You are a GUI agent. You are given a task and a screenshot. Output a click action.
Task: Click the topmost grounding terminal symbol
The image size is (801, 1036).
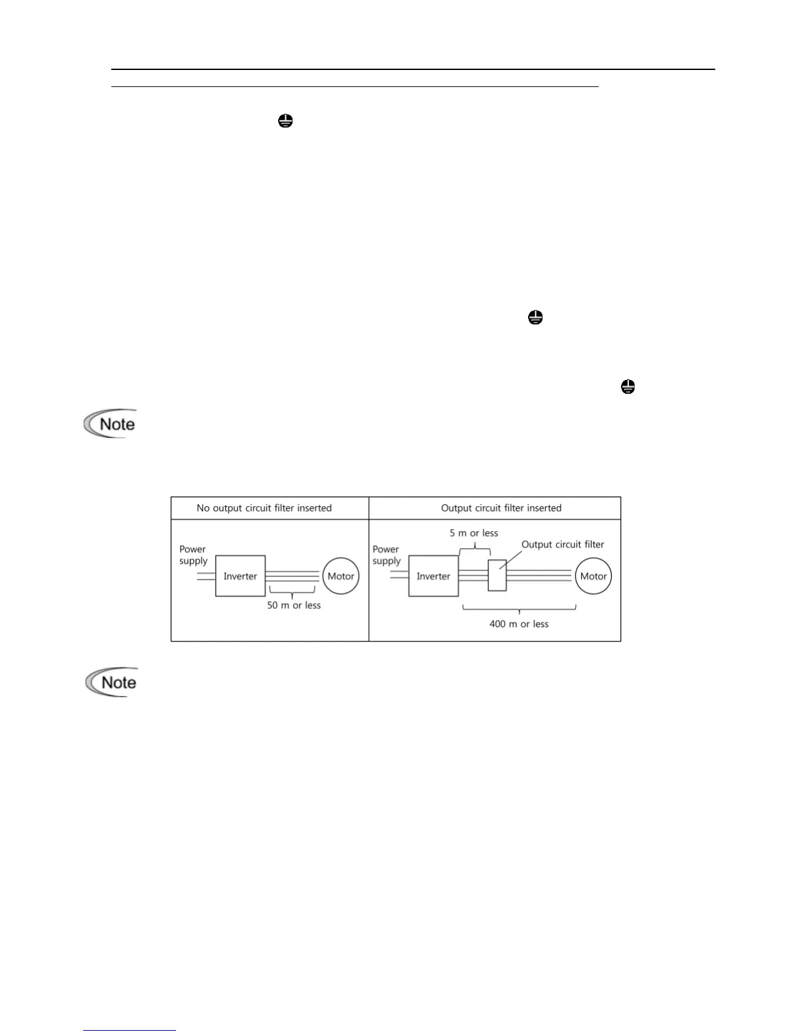tap(285, 121)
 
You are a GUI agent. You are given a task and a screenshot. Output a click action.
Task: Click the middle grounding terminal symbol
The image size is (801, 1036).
tap(535, 318)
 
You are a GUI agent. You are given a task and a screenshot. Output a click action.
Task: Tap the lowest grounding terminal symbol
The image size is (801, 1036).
tap(628, 387)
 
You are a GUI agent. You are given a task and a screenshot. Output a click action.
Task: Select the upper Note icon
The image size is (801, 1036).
tap(111, 424)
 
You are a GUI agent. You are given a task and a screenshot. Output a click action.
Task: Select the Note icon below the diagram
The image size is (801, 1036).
tap(112, 682)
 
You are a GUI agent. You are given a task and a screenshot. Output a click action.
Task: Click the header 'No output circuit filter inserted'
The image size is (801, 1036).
tap(264, 508)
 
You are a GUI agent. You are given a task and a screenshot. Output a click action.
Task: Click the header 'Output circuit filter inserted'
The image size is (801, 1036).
tap(501, 508)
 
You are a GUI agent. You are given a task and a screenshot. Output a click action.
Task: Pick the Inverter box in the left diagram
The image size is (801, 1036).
tap(240, 576)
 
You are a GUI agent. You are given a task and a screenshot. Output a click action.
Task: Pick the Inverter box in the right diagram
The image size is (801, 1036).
tap(433, 576)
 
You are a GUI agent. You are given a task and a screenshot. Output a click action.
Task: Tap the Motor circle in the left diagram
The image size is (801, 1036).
tap(341, 576)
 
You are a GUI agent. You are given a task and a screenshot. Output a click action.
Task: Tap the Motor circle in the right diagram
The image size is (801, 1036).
tap(594, 576)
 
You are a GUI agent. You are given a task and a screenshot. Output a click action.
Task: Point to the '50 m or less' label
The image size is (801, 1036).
tap(294, 606)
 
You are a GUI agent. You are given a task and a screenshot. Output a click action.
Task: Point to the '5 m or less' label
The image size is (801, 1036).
tap(474, 533)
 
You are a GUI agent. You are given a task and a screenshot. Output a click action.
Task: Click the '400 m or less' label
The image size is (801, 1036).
tap(519, 624)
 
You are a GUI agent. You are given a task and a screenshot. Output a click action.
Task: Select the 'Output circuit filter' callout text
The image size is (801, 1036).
tap(562, 544)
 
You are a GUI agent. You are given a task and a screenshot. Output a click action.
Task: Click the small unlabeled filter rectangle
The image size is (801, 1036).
tap(497, 576)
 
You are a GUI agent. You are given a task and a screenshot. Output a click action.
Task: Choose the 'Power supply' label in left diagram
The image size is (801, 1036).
tap(193, 555)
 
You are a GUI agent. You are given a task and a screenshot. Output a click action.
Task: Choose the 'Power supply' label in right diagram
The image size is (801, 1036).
tap(386, 555)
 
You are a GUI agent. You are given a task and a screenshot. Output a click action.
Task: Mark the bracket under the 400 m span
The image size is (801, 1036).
tap(519, 610)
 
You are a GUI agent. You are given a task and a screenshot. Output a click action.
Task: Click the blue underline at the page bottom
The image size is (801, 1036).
tap(130, 1031)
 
